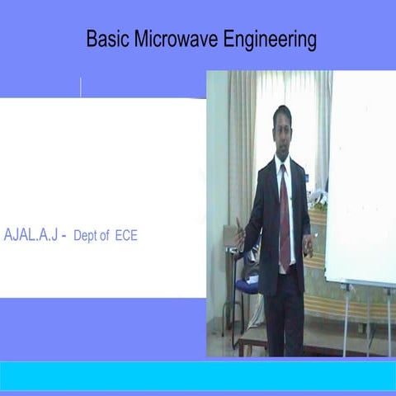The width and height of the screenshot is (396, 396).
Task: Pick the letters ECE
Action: click(x=125, y=235)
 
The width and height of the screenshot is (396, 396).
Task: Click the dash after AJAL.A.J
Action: click(x=64, y=236)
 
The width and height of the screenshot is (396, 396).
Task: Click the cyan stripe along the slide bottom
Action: click(x=198, y=375)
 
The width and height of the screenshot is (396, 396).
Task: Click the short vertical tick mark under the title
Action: click(x=81, y=87)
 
